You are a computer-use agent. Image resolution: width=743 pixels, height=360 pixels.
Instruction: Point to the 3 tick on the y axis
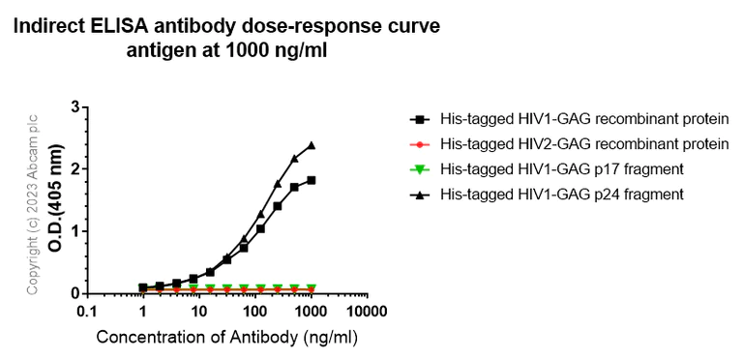[74, 106]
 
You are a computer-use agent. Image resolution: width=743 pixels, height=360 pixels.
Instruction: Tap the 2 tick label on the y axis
[74, 168]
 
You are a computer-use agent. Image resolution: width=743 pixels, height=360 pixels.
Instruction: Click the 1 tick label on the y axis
[74, 231]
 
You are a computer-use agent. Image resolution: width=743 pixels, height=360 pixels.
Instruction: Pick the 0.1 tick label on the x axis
[86, 312]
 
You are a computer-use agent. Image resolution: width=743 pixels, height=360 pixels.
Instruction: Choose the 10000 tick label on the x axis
[369, 312]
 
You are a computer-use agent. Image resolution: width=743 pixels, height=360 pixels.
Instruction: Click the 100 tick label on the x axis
[255, 312]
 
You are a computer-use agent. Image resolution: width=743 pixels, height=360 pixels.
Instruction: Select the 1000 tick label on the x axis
[312, 312]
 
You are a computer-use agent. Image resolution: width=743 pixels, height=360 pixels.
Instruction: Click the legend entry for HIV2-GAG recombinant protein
[583, 144]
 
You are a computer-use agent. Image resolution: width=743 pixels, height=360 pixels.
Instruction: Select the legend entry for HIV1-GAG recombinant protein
[583, 119]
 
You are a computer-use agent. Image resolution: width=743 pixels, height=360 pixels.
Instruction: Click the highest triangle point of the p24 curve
[312, 145]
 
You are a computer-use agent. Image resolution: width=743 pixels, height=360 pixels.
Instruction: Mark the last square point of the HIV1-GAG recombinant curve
[312, 180]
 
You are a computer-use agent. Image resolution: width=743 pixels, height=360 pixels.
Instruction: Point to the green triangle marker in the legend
[420, 170]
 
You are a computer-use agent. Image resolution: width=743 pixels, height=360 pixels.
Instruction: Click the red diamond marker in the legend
[420, 144]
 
